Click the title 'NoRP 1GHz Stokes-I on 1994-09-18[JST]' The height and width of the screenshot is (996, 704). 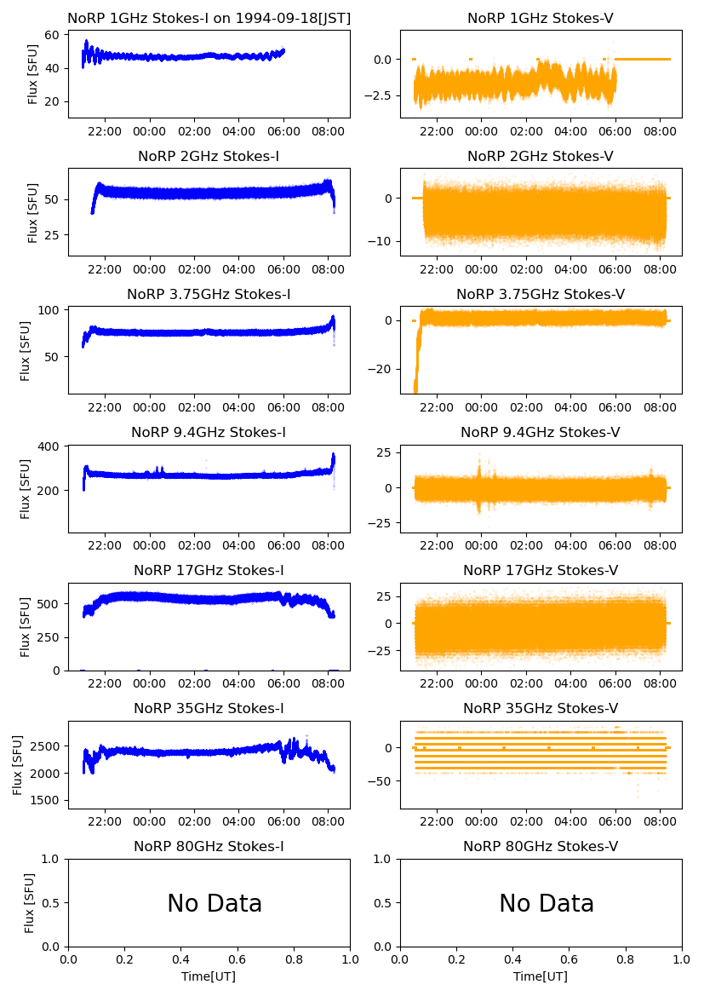coord(209,19)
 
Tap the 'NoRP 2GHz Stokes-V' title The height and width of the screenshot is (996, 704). coord(541,157)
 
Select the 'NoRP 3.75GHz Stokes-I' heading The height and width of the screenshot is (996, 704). coord(209,295)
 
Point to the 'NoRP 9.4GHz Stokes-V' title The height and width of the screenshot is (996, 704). coord(541,433)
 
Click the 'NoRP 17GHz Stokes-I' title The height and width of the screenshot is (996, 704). coord(209,571)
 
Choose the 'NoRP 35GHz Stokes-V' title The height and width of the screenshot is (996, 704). coord(541,709)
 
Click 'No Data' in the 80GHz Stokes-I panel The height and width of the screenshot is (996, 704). coord(215,904)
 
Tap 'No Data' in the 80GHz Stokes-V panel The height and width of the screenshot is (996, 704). coord(547,904)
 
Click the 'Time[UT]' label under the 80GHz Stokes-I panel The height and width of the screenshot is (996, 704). coord(209,976)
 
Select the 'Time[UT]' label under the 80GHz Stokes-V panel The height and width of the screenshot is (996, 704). coord(541,976)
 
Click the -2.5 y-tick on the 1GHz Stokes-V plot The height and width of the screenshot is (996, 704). coord(381,95)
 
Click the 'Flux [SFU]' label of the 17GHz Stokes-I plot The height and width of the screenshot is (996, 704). coord(26,626)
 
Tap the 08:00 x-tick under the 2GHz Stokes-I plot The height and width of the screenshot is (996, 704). coord(329,270)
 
